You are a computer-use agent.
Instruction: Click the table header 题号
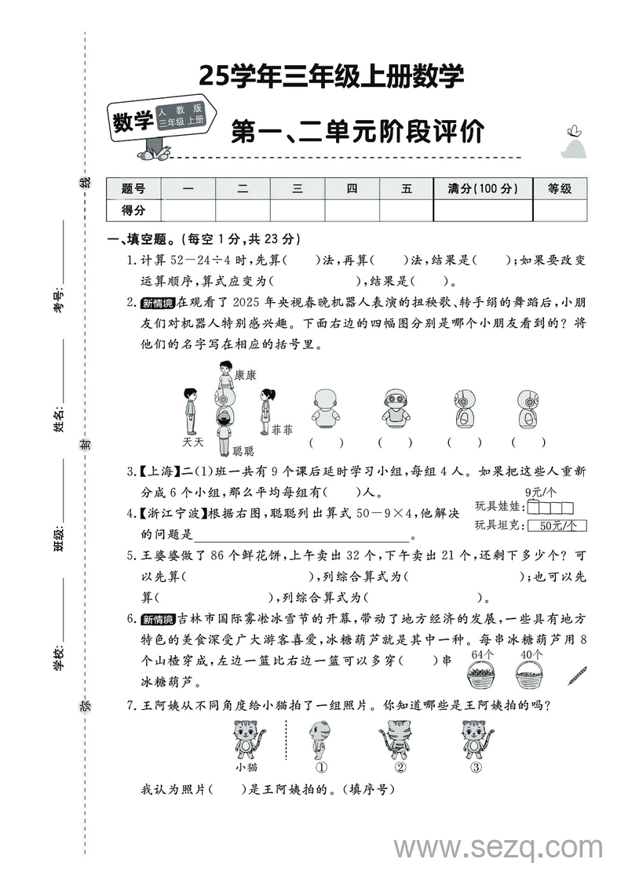133,189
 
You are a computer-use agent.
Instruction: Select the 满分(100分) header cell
483,189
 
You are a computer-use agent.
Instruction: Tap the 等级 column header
560,189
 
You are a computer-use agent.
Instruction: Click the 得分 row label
133,210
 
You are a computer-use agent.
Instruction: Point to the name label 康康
246,376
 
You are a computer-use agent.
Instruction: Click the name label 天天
192,442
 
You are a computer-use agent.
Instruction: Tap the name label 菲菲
282,431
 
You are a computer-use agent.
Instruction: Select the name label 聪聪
243,451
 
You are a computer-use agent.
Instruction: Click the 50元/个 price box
557,526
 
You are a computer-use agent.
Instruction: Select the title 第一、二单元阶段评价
357,131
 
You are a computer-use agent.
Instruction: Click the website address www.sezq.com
498,848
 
